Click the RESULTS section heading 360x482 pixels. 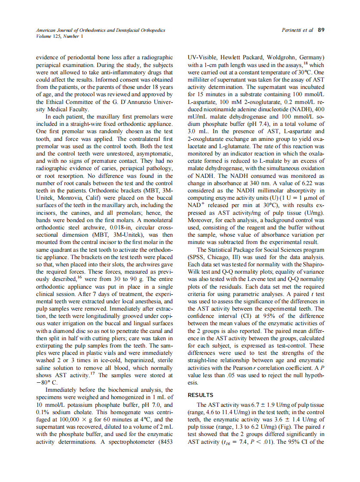[x=201, y=395]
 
